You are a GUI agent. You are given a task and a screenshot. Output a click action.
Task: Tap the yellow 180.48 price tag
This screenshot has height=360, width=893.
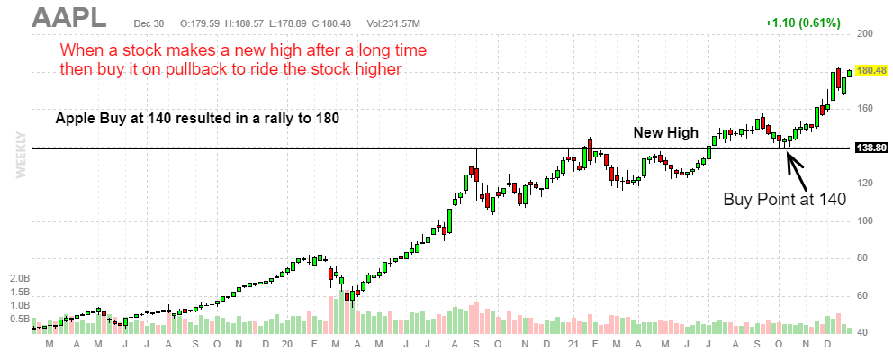tap(872, 69)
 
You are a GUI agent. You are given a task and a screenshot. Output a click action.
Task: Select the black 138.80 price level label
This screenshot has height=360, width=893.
tap(870, 148)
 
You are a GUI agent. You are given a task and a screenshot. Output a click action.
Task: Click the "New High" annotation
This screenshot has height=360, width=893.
tap(665, 133)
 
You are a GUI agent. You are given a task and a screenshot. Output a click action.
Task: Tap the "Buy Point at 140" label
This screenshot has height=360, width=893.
tap(785, 200)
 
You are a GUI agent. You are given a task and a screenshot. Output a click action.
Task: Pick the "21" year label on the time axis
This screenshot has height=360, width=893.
tap(571, 344)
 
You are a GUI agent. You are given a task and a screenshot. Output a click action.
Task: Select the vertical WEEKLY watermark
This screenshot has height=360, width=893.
tap(21, 154)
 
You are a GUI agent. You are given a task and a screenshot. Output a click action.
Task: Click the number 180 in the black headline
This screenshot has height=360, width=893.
tap(326, 118)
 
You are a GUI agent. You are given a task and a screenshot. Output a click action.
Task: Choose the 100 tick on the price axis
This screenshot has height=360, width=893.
tap(866, 220)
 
